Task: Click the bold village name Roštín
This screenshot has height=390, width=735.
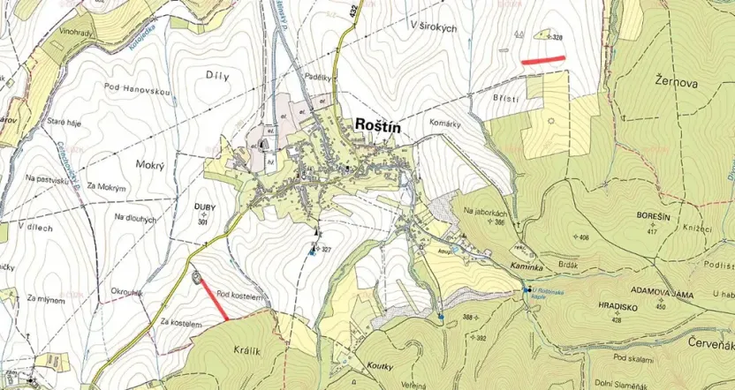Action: coord(377,126)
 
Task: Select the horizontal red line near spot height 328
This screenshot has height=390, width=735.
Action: coord(542,60)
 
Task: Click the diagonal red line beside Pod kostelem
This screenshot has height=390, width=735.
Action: coord(213,300)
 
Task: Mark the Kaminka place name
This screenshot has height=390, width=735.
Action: coord(500,266)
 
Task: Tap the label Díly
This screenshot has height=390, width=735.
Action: coord(216,77)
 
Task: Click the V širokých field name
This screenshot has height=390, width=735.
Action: coord(433,28)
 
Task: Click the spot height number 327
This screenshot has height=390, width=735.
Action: coord(327,250)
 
